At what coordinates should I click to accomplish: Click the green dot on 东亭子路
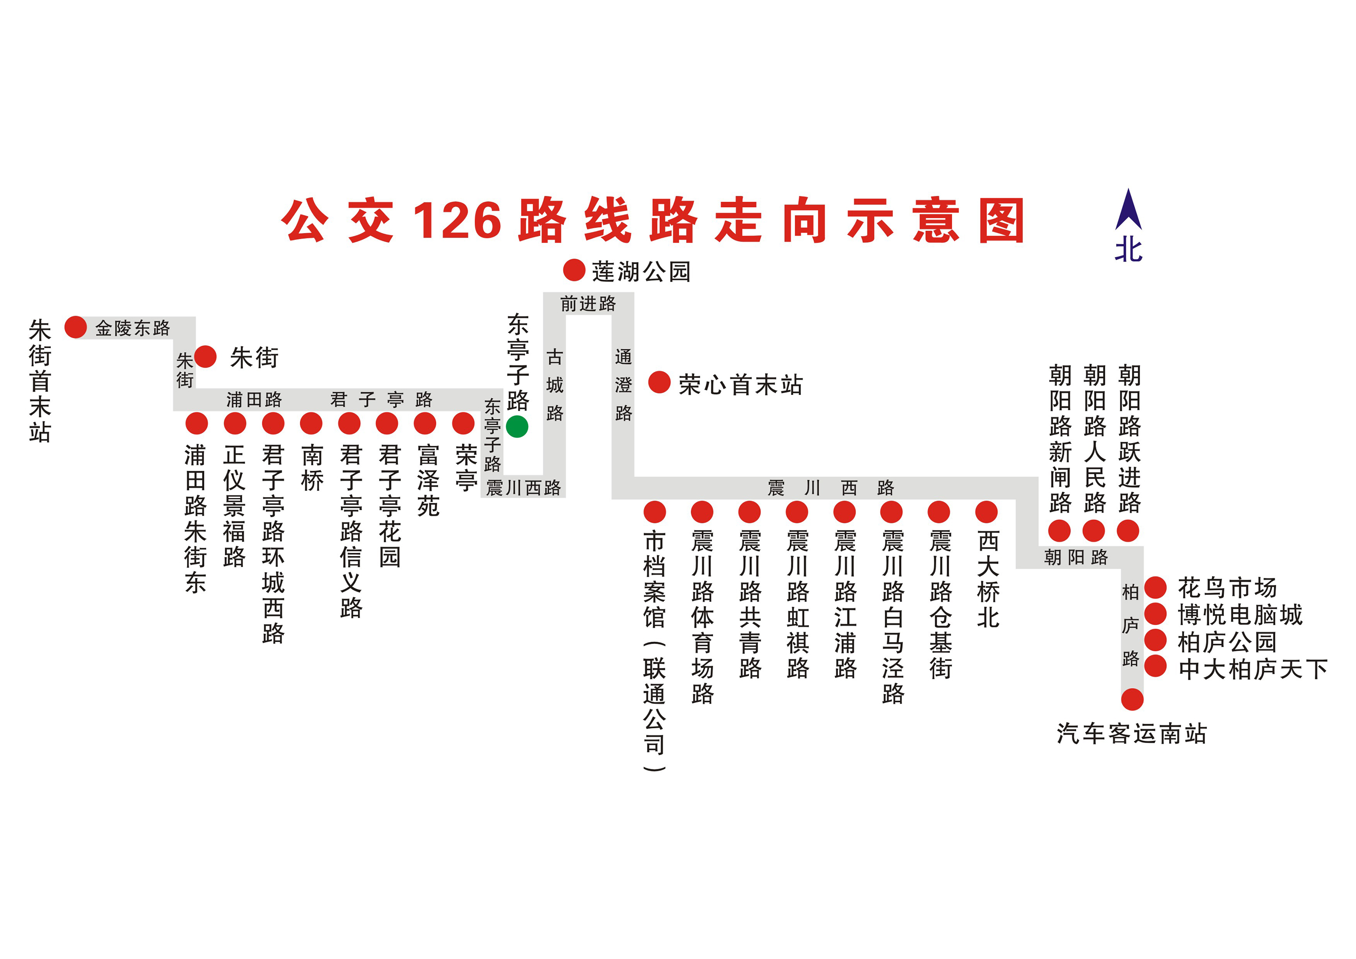[x=517, y=426]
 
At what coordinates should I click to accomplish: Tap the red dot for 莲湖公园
[x=573, y=270]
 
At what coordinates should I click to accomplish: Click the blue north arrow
[x=1128, y=210]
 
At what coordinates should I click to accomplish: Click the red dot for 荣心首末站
[x=659, y=382]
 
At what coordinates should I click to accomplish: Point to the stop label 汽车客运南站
[x=1132, y=734]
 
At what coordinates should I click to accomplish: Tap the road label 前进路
[x=588, y=304]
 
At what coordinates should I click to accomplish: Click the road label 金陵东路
[x=133, y=328]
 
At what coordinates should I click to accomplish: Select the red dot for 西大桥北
[x=986, y=512]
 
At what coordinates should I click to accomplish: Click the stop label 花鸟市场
[x=1227, y=588]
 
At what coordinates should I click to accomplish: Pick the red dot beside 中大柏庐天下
[x=1156, y=667]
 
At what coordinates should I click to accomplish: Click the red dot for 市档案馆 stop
[x=655, y=512]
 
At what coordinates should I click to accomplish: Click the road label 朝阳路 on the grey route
[x=1076, y=557]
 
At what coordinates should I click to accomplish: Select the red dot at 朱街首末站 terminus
[x=75, y=327]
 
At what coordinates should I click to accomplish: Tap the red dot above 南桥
[x=311, y=423]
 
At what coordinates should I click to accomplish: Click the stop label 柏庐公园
[x=1227, y=642]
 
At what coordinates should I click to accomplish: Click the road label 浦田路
[x=254, y=400]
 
